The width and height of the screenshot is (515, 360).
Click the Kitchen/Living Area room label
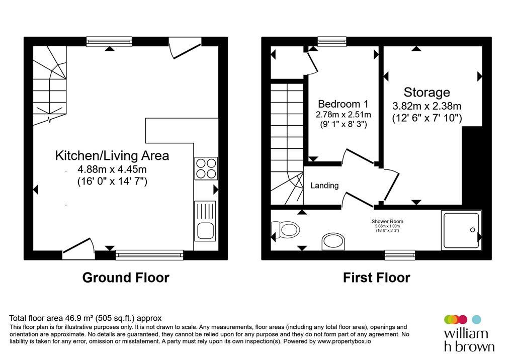tap(112, 155)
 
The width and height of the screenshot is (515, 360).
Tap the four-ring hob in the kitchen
tap(206, 168)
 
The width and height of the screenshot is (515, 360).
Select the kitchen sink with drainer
tap(205, 221)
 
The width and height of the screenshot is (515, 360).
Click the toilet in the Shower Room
tap(285, 229)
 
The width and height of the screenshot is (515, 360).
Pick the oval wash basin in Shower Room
tap(333, 241)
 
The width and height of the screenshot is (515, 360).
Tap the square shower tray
tap(461, 230)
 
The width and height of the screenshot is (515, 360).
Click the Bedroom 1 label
tap(343, 104)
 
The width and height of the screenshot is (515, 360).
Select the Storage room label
tap(426, 93)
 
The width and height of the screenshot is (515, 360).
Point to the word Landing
tap(324, 186)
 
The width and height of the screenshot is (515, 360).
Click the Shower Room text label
tap(387, 221)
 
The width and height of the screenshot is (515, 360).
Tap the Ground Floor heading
tap(126, 278)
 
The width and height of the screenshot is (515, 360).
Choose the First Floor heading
tap(376, 278)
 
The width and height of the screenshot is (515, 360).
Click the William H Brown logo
tap(469, 333)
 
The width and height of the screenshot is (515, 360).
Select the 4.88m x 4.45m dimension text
tap(112, 169)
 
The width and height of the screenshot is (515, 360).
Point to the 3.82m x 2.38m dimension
tap(426, 106)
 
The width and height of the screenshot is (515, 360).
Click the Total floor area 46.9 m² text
tap(85, 318)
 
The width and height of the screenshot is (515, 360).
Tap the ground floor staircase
tap(50, 85)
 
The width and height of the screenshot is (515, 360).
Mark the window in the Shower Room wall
tap(400, 255)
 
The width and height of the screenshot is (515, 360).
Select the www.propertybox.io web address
tap(345, 341)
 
